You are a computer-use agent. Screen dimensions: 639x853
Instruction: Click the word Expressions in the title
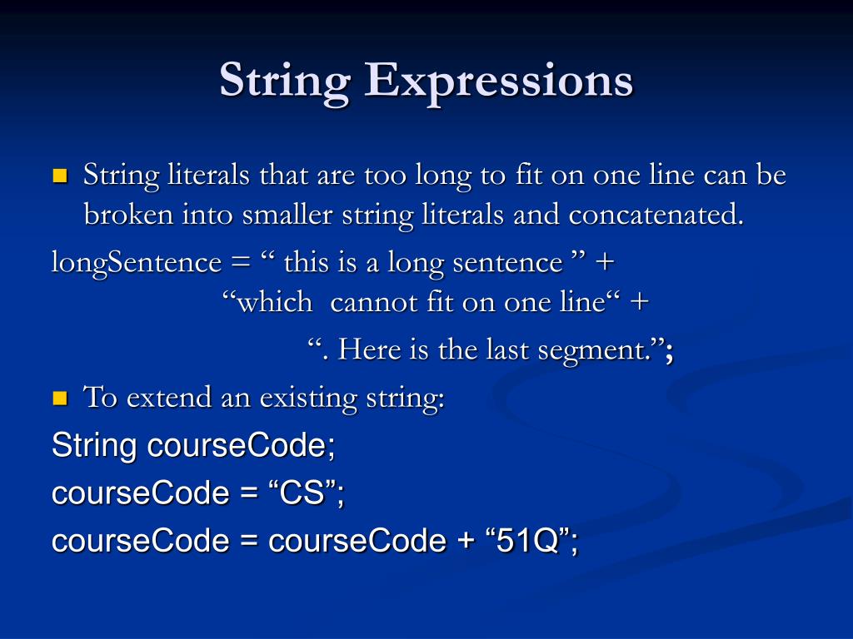(498, 82)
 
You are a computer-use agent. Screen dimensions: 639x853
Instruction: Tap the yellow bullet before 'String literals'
(60, 176)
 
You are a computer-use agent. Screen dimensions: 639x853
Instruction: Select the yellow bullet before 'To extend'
(60, 399)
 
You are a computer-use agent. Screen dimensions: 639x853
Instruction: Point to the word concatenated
(656, 215)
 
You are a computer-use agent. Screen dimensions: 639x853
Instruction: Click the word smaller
(288, 215)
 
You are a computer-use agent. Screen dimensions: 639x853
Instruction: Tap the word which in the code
(275, 302)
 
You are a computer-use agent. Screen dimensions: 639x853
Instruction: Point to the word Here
(370, 349)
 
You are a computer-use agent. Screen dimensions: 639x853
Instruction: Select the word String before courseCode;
(93, 446)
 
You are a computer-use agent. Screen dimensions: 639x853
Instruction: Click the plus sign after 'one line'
(638, 303)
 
